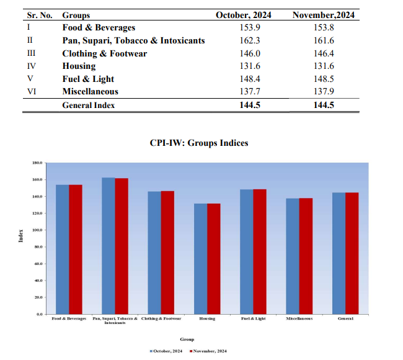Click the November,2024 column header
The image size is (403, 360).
(324, 15)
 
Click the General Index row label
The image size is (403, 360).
(88, 105)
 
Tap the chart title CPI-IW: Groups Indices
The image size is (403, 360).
(198, 143)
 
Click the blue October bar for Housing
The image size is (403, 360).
(200, 259)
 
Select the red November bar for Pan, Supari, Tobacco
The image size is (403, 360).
(122, 246)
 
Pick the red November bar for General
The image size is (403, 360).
(352, 253)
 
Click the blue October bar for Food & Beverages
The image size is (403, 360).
(63, 250)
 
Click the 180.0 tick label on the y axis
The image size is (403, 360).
(36, 163)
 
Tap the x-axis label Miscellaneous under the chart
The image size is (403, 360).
(299, 318)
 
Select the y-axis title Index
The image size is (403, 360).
(20, 237)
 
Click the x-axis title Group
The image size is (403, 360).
(187, 340)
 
